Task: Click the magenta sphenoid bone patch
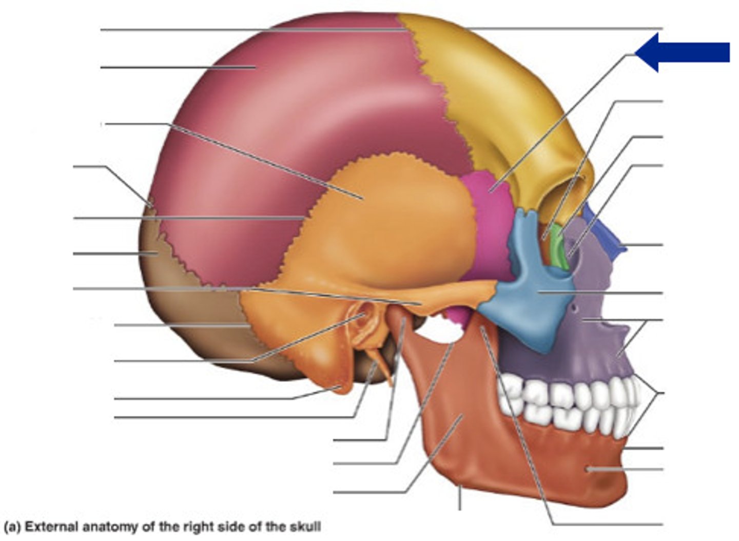490,226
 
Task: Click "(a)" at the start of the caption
12,527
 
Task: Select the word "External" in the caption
50,527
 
